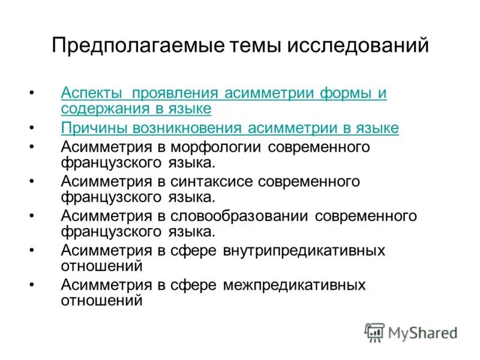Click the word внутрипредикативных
[304, 250]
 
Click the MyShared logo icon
[374, 332]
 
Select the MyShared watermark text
[422, 332]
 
